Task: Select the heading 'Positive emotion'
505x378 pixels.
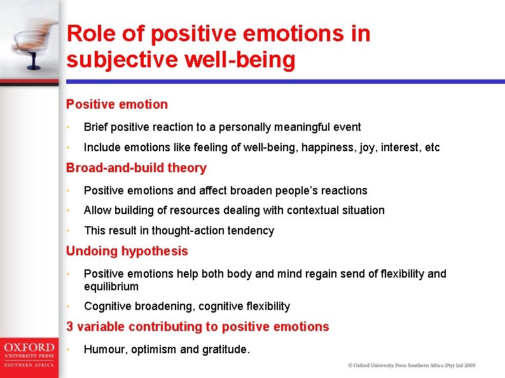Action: click(117, 104)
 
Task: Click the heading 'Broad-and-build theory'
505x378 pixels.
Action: click(136, 168)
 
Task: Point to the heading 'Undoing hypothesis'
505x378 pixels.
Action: click(127, 251)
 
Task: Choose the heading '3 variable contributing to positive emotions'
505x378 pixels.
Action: click(197, 327)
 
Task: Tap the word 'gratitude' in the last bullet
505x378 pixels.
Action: click(224, 349)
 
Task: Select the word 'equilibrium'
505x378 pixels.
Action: click(111, 287)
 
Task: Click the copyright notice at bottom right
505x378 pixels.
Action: click(411, 365)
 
